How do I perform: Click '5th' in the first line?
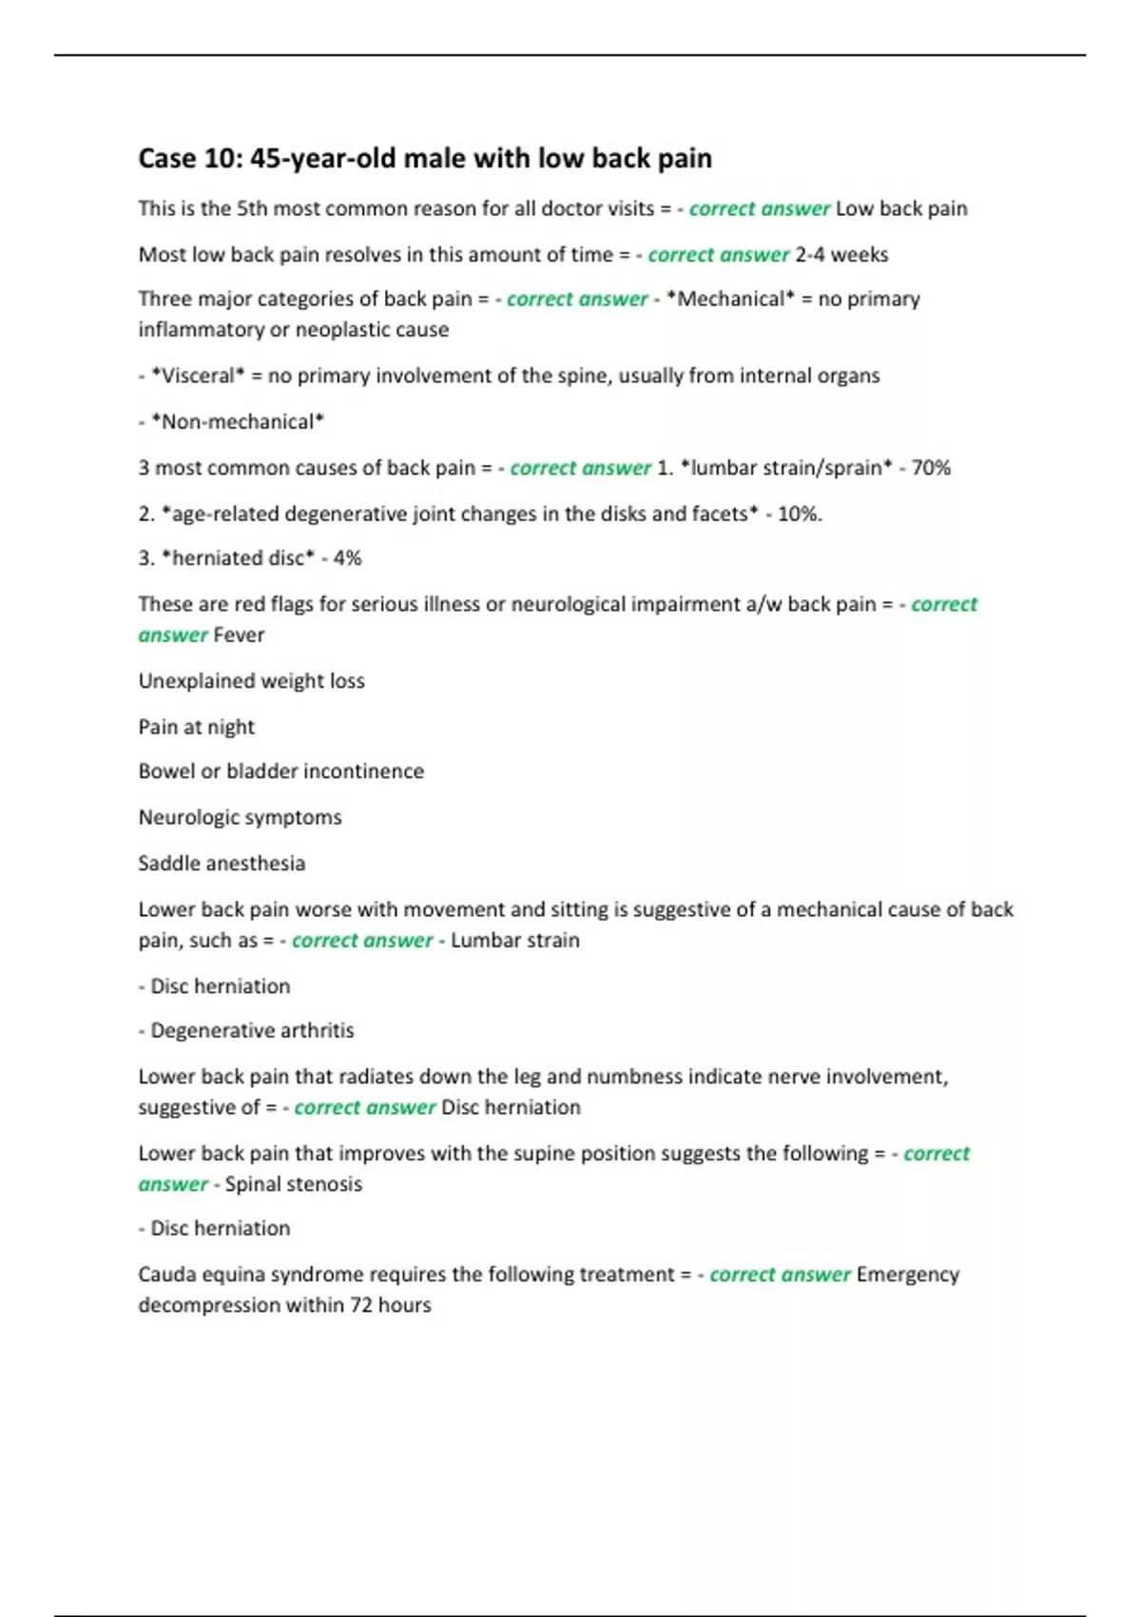[x=252, y=208]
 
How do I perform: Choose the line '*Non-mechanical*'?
[x=238, y=421]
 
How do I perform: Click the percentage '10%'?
[x=799, y=514]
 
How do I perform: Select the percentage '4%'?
[x=347, y=558]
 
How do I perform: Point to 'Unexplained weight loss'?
[x=251, y=681]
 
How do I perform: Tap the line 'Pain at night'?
[x=196, y=727]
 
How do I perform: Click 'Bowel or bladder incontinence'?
[x=280, y=771]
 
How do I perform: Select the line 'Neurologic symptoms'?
[x=240, y=817]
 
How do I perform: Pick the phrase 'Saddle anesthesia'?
[x=222, y=864]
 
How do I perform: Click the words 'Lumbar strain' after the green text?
[x=514, y=941]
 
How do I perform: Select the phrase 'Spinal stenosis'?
[x=293, y=1184]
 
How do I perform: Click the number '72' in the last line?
[x=360, y=1305]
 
